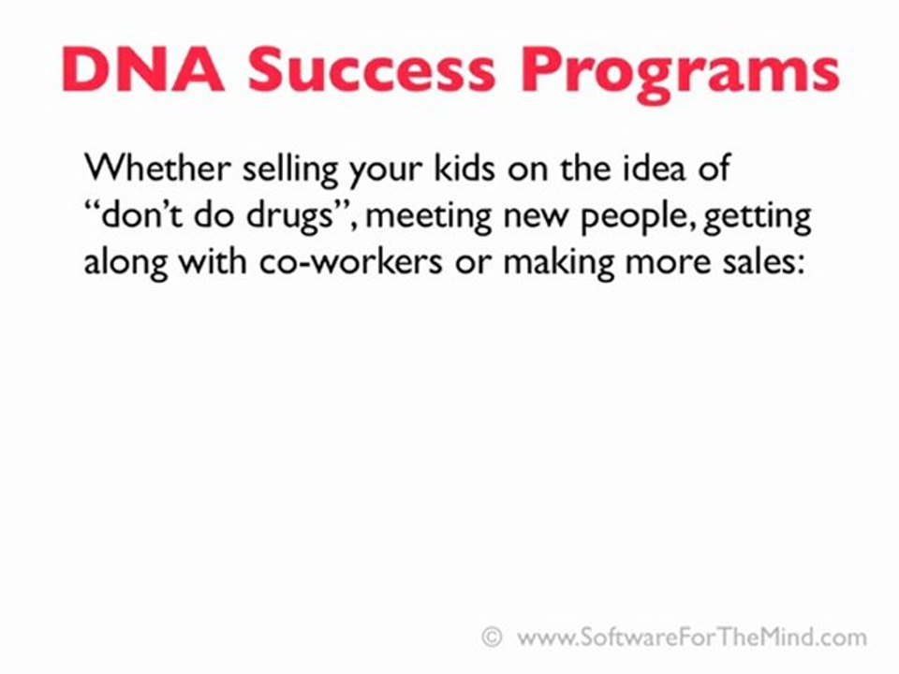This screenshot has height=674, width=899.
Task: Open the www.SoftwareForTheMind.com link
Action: coord(691,638)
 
